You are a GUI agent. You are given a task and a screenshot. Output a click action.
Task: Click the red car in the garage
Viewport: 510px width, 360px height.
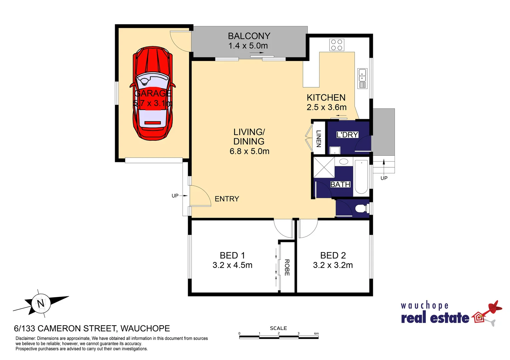click(x=153, y=93)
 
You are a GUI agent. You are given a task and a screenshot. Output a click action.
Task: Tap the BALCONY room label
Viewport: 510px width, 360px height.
click(x=249, y=36)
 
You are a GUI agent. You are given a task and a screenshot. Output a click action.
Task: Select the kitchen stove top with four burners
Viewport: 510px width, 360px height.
click(x=337, y=45)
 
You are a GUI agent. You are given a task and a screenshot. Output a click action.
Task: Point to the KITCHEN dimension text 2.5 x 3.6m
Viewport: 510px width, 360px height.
click(x=326, y=107)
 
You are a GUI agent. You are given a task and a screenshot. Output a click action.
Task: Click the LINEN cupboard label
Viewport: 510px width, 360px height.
click(x=319, y=139)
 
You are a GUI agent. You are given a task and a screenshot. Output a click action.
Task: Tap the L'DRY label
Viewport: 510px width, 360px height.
click(x=347, y=135)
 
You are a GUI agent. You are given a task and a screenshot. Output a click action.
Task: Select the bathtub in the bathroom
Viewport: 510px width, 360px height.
click(x=361, y=177)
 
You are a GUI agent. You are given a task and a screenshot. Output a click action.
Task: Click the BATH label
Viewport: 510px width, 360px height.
click(x=340, y=184)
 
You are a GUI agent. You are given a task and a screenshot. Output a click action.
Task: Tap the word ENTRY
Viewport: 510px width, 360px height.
click(x=227, y=199)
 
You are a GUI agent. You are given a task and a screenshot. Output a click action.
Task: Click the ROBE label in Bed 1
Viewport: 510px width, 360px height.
click(x=287, y=267)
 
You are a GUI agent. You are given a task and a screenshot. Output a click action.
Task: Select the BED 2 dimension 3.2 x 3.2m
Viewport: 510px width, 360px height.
click(x=333, y=265)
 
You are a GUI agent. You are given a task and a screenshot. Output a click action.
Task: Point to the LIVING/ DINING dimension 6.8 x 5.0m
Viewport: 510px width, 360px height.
click(x=249, y=151)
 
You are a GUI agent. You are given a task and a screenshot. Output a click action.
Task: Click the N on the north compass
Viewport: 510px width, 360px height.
click(x=41, y=303)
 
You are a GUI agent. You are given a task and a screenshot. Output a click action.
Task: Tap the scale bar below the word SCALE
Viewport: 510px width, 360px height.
click(x=279, y=337)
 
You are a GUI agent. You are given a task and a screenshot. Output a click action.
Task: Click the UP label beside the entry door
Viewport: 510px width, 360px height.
click(x=175, y=196)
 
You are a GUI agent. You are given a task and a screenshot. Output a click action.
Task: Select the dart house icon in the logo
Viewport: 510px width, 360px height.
click(x=479, y=317)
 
